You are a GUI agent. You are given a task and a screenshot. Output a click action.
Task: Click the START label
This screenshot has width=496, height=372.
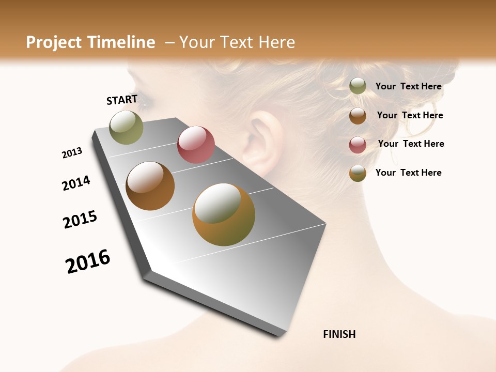(122, 100)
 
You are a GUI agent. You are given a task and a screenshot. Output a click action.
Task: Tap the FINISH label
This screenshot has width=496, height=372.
(339, 334)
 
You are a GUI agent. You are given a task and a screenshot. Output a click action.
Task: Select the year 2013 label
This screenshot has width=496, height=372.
(72, 153)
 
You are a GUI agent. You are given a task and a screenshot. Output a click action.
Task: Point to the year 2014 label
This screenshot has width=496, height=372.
(76, 183)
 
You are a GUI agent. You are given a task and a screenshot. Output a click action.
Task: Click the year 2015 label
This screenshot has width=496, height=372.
(80, 220)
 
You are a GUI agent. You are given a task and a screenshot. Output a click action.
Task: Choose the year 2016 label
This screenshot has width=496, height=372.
(88, 261)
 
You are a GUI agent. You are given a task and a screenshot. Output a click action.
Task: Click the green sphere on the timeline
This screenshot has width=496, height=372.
(126, 127)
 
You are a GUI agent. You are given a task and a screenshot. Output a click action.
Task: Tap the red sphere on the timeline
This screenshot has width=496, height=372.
(196, 145)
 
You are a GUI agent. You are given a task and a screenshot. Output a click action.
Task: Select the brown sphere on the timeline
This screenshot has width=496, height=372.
(150, 186)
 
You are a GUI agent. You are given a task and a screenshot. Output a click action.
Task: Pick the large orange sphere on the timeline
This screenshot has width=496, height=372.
(224, 214)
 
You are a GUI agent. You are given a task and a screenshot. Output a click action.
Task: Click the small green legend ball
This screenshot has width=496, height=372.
(358, 86)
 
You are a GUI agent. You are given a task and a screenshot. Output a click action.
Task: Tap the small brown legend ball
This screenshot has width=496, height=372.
(358, 116)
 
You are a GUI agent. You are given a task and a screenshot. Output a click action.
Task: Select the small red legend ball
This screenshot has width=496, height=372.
(358, 145)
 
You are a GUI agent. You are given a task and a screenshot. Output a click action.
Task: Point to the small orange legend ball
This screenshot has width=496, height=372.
(358, 173)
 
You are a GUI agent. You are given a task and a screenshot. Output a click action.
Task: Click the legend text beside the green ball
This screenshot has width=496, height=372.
(408, 86)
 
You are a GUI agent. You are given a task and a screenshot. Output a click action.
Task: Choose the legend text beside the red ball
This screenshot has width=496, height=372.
(411, 144)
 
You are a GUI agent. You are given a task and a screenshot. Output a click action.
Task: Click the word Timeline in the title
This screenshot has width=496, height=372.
(121, 42)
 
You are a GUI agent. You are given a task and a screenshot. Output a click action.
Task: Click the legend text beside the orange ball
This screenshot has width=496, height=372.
(408, 173)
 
